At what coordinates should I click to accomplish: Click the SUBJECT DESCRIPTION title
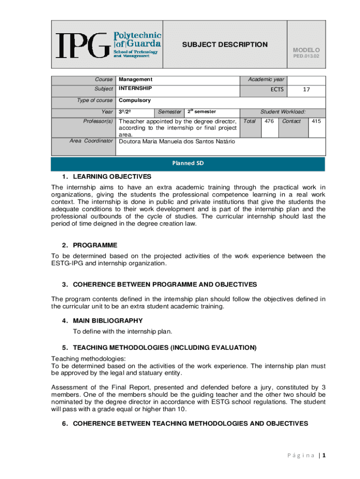point(224,44)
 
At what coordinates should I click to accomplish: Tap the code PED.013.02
point(306,56)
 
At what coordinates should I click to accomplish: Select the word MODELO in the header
point(306,50)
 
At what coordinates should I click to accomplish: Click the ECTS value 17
point(306,89)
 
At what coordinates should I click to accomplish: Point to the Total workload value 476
point(269,121)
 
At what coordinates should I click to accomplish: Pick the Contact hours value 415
point(316,121)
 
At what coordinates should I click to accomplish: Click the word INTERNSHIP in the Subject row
point(135,88)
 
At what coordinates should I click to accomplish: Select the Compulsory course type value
point(135,100)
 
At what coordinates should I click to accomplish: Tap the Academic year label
point(266,80)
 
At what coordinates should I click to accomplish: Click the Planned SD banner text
point(188,163)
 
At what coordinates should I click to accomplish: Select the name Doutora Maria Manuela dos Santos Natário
point(177,141)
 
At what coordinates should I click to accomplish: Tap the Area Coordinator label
point(91,141)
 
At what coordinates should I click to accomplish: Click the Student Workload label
point(283,111)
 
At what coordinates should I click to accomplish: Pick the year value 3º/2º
point(125,112)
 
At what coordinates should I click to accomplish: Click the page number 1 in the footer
point(323,455)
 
